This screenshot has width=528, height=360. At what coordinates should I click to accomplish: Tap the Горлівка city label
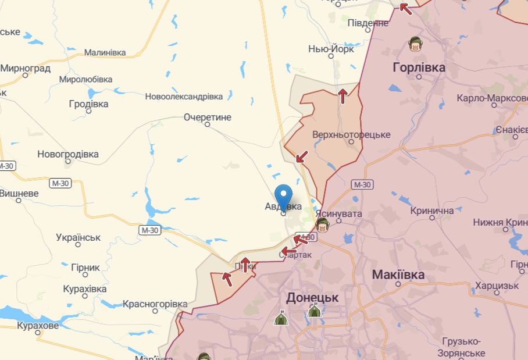(x=419, y=67)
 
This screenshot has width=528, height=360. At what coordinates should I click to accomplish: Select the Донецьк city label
(x=312, y=297)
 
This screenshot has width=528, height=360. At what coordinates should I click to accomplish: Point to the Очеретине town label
(x=208, y=117)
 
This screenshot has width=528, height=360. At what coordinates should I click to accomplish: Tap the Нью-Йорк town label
(x=331, y=49)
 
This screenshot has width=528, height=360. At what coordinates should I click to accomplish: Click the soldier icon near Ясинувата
(x=322, y=225)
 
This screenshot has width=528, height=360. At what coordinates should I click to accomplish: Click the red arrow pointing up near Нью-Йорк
(x=343, y=95)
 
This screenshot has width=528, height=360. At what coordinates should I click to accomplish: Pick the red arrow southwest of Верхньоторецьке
(x=301, y=156)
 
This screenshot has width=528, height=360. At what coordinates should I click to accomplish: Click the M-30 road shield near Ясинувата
(x=362, y=184)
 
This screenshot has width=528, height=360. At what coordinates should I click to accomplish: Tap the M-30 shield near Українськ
(x=149, y=230)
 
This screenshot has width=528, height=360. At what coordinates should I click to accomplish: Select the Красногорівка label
(x=155, y=304)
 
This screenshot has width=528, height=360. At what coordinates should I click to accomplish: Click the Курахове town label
(x=38, y=326)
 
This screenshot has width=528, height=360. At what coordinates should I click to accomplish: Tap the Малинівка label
(x=105, y=52)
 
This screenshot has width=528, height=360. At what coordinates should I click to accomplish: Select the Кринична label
(x=432, y=211)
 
